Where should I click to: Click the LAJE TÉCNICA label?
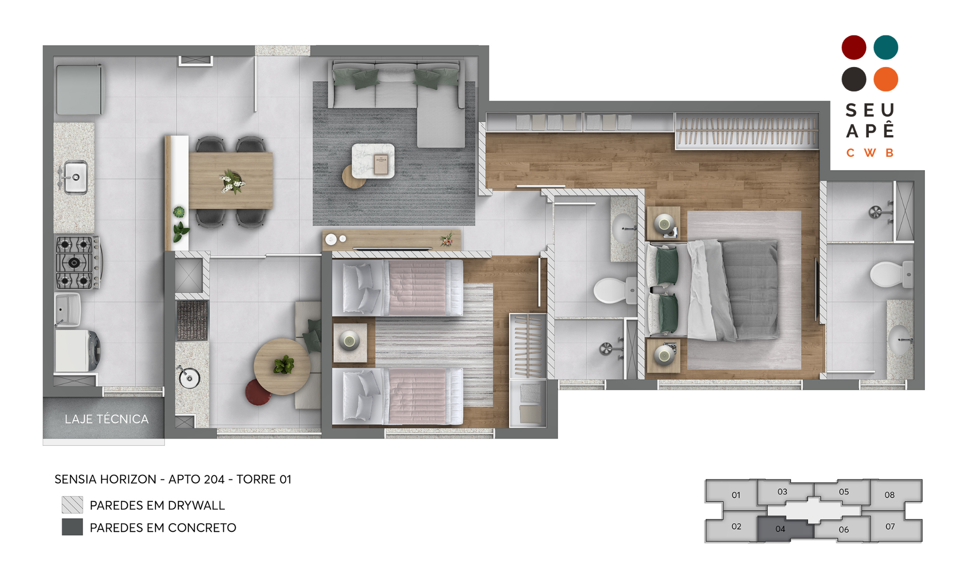(x=107, y=419)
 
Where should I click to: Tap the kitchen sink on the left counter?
(x=75, y=177)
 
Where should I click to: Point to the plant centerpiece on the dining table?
(x=232, y=181)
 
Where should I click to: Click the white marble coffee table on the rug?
(x=373, y=161)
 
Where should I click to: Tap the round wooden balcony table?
(x=282, y=366)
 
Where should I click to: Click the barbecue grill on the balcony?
(x=192, y=320)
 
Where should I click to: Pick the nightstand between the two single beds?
(x=350, y=342)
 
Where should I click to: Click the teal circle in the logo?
(x=885, y=47)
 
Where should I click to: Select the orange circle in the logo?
(x=885, y=79)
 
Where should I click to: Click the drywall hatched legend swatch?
(x=72, y=505)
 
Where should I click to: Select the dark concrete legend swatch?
(x=72, y=527)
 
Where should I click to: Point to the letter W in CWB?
(x=870, y=153)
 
